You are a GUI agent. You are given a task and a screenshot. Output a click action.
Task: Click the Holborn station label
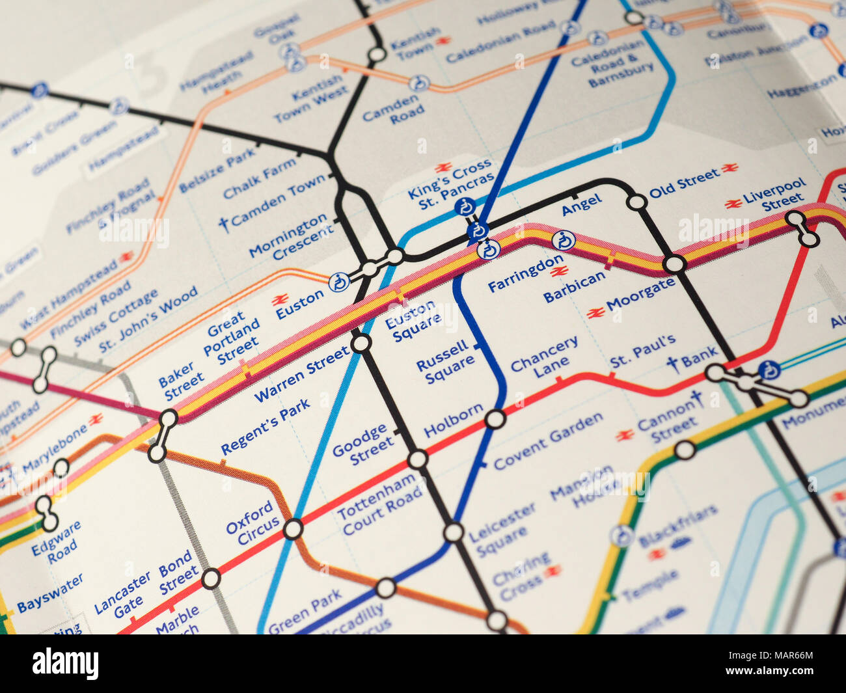[453, 421]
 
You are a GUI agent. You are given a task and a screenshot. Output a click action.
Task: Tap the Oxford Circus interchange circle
[293, 529]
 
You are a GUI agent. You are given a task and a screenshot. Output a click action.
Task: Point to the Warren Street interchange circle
[361, 343]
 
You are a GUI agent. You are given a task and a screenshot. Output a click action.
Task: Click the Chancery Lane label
[544, 357]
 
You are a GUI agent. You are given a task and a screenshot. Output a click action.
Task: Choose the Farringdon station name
[526, 273]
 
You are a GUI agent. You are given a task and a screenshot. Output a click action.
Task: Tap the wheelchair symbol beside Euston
[338, 282]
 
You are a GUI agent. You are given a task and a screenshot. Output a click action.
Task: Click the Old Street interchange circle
[636, 202]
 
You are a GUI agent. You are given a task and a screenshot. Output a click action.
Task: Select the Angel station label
[582, 205]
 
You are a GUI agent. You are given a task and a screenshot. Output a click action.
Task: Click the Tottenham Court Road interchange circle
[417, 459]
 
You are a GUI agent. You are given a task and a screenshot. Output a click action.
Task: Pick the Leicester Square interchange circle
[454, 532]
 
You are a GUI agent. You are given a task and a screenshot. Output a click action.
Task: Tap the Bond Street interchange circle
[211, 578]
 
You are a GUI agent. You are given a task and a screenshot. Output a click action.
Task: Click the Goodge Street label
[362, 444]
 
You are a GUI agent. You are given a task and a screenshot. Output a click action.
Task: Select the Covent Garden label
[548, 441]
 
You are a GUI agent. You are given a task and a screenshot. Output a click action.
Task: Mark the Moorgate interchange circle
[674, 264]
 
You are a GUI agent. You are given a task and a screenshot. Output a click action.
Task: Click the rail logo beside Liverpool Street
[733, 204]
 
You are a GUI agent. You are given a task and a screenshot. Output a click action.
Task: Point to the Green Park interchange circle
[386, 588]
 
